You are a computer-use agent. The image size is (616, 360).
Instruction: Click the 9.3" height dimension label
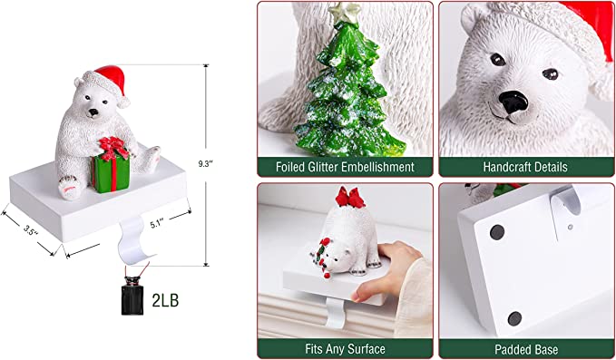point(205,164)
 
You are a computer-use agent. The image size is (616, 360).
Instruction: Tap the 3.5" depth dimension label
point(30,230)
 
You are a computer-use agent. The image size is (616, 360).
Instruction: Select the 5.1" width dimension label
point(158,224)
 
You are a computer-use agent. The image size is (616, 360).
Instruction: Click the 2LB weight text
point(165,300)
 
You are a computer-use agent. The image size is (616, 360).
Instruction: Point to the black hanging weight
point(132,296)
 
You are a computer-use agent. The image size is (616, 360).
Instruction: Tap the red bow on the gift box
point(113,149)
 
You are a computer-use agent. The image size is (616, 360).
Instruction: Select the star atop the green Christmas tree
point(345,12)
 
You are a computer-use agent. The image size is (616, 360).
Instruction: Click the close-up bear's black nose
point(513,102)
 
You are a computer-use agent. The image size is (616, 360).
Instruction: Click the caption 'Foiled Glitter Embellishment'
point(345,167)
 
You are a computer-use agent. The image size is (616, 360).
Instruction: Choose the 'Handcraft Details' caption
point(525,167)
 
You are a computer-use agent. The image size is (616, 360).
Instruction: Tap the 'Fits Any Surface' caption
point(345,348)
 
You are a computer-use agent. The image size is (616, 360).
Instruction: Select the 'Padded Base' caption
point(526,349)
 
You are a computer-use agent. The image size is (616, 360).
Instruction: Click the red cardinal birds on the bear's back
point(350,197)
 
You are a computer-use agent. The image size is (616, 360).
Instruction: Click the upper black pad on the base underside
point(497,232)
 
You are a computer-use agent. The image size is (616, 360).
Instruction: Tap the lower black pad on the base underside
point(514,318)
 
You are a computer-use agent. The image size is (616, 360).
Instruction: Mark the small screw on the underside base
point(570,227)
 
